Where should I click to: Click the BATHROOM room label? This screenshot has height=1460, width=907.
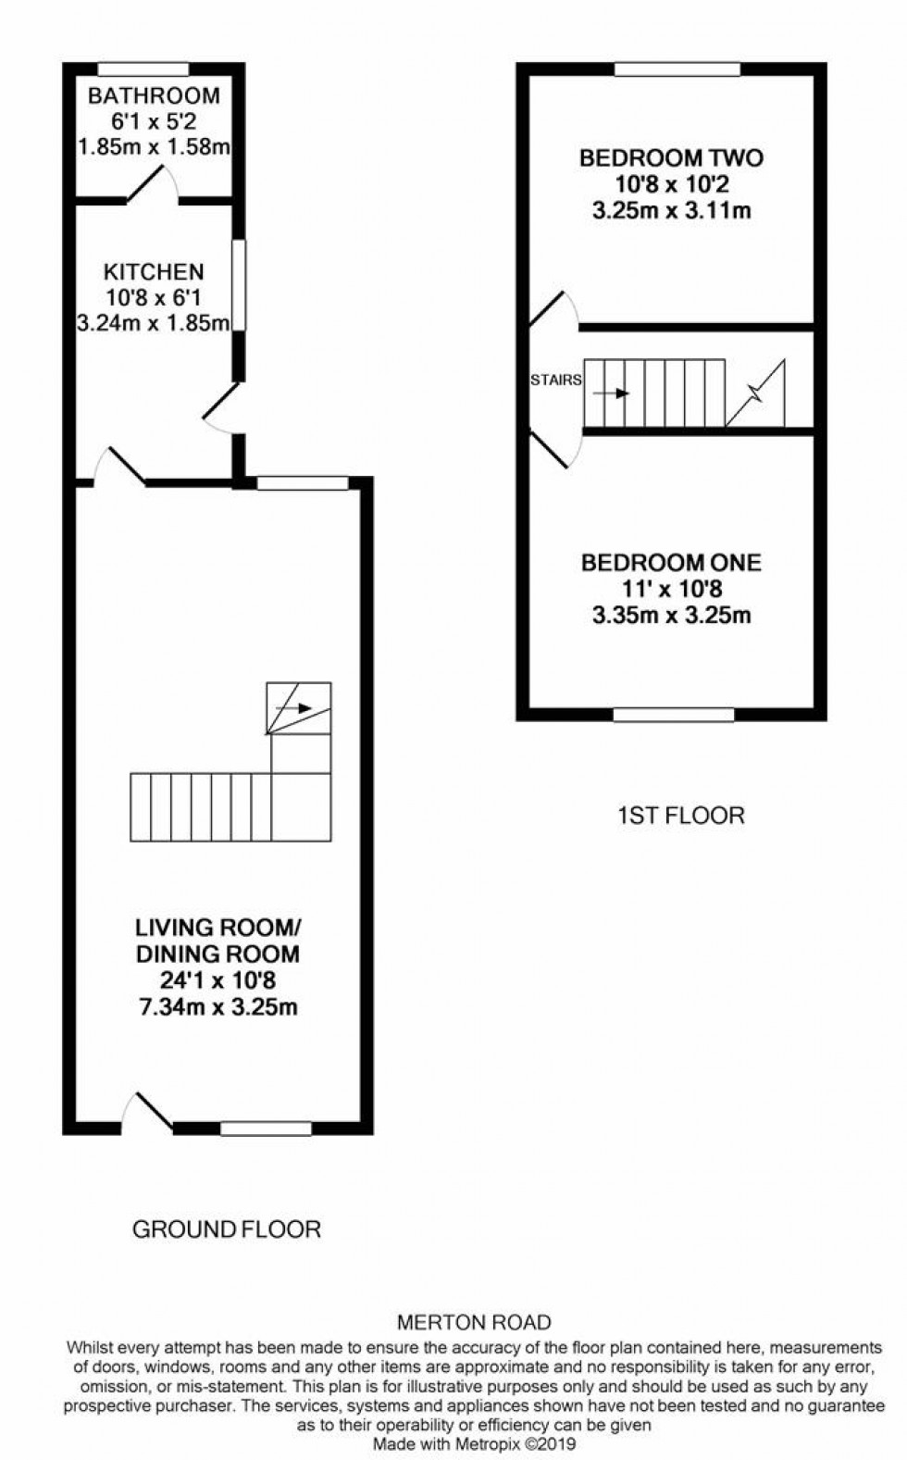(154, 95)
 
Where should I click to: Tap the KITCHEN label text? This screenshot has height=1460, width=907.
(154, 272)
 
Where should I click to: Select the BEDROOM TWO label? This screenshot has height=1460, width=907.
(671, 157)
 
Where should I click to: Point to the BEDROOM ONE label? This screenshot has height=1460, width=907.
(671, 562)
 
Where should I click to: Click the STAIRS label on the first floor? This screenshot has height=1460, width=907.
(555, 380)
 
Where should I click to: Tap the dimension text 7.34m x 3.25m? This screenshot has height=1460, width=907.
(217, 1007)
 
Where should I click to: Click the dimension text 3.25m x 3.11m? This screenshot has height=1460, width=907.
(671, 210)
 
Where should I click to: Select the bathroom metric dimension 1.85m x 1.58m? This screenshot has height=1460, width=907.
(154, 146)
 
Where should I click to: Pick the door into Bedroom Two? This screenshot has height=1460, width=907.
(554, 310)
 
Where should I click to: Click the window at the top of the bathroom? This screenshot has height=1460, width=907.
(143, 69)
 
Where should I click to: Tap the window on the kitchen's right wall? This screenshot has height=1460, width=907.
(238, 285)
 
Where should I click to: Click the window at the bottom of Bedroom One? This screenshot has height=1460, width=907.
(673, 715)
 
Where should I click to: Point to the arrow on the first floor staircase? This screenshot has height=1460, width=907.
(611, 393)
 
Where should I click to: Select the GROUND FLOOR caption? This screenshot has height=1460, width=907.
(227, 1229)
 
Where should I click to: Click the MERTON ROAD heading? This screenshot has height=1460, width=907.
(474, 1323)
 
